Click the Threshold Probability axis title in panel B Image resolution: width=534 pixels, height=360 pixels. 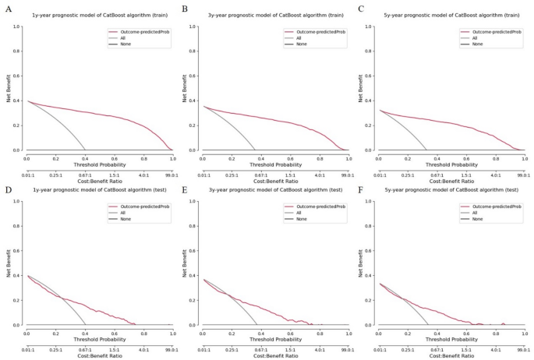(x=276, y=164)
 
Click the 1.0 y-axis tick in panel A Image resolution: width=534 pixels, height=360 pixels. (x=17, y=26)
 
